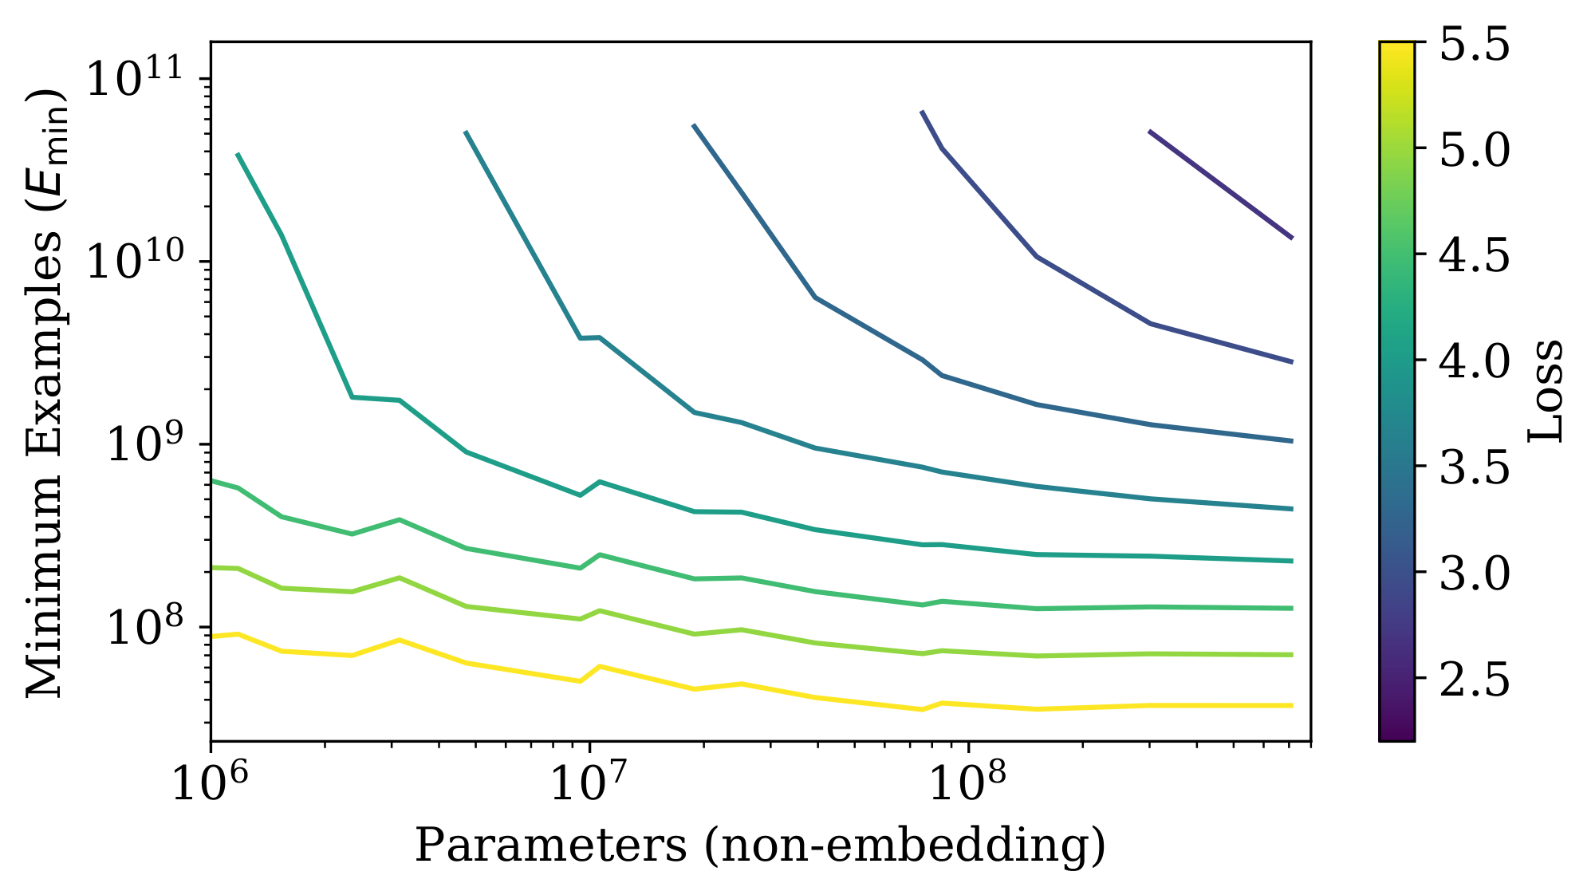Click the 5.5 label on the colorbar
coord(1474,44)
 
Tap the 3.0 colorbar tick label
coord(1474,573)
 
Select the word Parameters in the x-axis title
coord(550,846)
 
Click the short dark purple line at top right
coord(1220,184)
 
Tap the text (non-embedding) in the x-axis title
coord(905,846)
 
